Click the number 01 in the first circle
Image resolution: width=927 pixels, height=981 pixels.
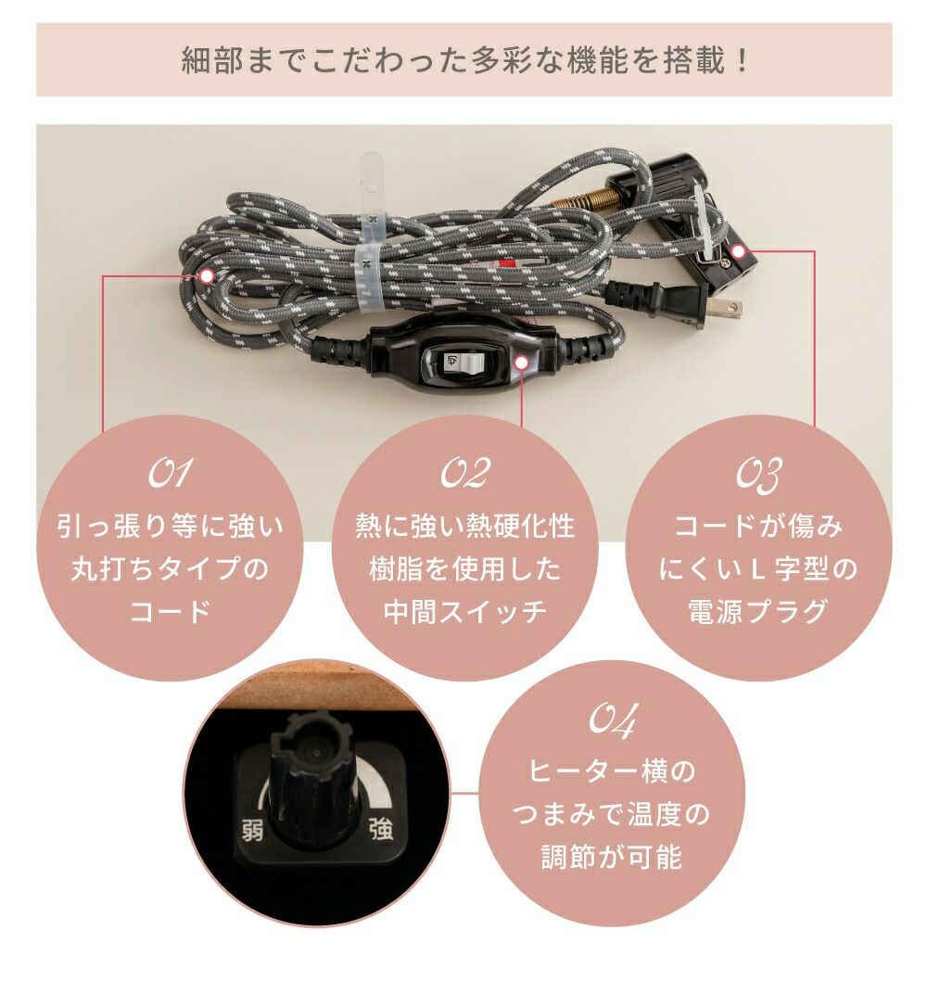[x=170, y=474]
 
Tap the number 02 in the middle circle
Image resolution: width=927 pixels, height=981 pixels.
[x=465, y=474]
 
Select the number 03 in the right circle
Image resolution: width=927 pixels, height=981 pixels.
[x=758, y=476]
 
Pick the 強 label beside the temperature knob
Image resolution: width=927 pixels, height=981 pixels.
[x=380, y=830]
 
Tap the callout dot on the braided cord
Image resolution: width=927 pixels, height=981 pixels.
[x=207, y=276]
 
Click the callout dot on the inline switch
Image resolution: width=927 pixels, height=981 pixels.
[x=522, y=363]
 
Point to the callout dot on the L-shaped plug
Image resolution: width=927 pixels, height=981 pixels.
[x=739, y=252]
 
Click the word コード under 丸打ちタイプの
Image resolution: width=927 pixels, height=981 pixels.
[x=171, y=611]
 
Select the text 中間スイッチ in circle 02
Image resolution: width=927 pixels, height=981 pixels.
[x=464, y=611]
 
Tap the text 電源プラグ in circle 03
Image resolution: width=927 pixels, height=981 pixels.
[x=758, y=611]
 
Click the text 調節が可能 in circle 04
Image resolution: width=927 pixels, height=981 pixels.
[x=612, y=857]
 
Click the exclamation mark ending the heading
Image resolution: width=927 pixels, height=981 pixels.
[x=743, y=60]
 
